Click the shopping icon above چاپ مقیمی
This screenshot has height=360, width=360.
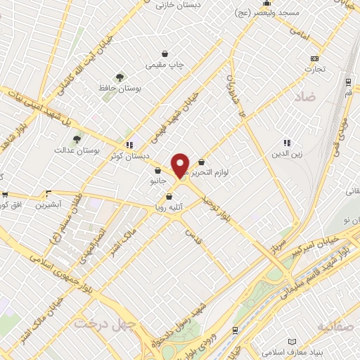click(x=165, y=53)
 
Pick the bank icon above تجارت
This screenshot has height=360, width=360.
click(x=314, y=58)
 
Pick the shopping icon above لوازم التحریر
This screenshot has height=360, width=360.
click(x=202, y=162)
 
